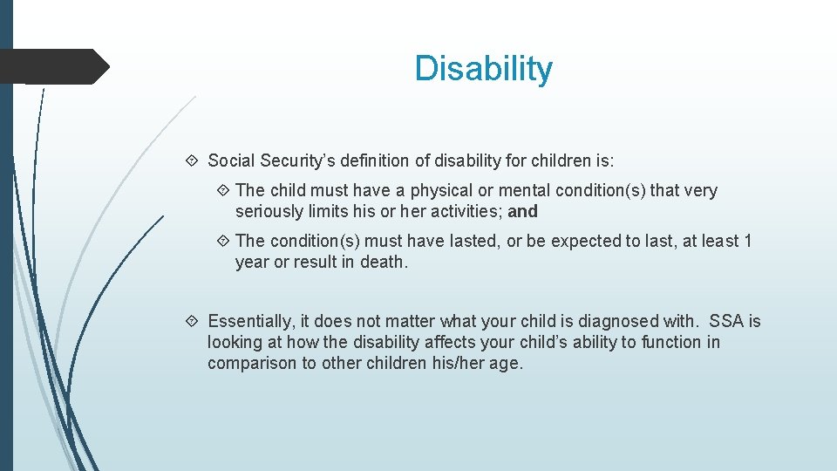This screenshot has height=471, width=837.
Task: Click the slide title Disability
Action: (x=483, y=69)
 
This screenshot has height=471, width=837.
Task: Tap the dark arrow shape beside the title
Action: (x=56, y=66)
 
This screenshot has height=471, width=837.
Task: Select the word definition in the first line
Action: (x=379, y=160)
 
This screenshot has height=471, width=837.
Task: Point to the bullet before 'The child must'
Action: (x=223, y=190)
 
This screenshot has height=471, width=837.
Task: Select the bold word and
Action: (x=523, y=211)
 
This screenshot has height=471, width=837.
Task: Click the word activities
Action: (x=466, y=211)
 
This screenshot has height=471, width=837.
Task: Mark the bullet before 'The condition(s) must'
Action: (x=223, y=241)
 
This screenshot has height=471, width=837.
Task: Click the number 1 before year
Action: (x=747, y=241)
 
